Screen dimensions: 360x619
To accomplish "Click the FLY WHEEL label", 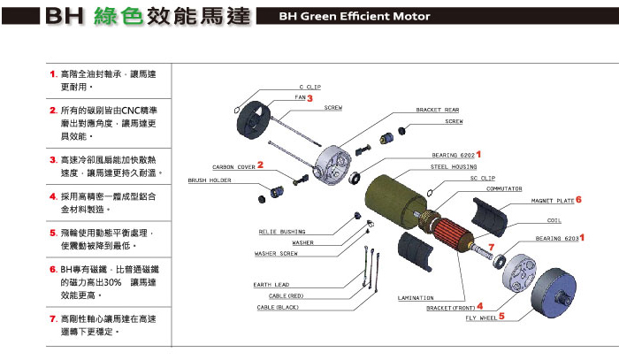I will pos(478,316).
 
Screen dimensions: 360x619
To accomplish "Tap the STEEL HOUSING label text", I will pos(452,165).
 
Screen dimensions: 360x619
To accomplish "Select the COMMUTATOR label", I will pos(503,188).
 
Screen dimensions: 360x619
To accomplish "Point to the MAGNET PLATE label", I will pos(552,201).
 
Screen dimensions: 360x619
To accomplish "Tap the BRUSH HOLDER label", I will pos(210,180).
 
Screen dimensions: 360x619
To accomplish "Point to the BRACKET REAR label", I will pos(438,110).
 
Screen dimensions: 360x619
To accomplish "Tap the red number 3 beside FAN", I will pos(310,99).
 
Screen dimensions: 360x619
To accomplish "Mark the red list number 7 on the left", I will pos(53,318).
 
